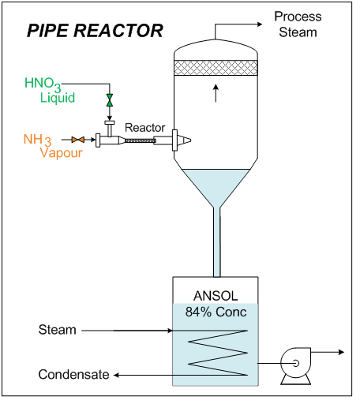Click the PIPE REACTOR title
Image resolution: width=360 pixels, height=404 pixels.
[95, 31]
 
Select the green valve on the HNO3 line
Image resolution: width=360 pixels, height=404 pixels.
[110, 101]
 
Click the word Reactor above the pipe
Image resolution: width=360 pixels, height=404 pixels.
[144, 128]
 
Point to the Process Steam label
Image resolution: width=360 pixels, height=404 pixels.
[295, 24]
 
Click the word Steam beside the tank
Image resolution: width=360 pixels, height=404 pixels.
[58, 330]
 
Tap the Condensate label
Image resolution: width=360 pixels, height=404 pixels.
[73, 375]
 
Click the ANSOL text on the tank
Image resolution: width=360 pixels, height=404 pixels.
[216, 296]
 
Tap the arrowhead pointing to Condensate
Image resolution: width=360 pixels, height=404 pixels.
[117, 374]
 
